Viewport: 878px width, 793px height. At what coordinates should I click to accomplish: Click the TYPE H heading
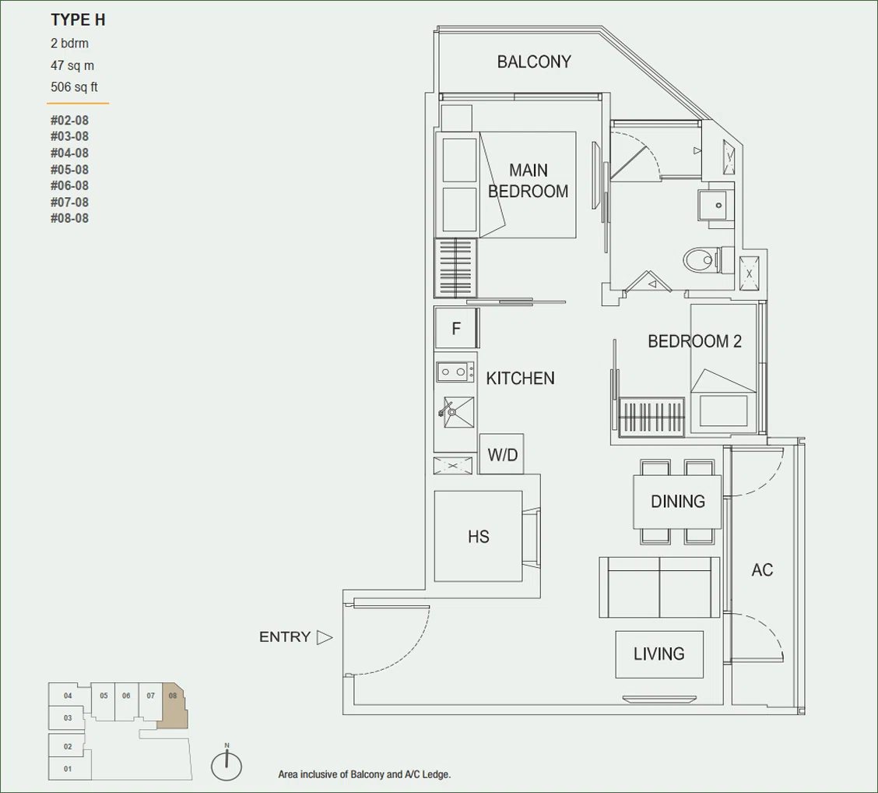(78, 20)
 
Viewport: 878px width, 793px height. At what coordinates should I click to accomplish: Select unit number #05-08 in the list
(69, 169)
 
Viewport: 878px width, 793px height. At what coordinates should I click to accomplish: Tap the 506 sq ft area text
(74, 87)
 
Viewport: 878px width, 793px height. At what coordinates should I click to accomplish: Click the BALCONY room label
(534, 62)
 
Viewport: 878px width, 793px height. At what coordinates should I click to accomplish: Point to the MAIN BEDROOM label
(528, 181)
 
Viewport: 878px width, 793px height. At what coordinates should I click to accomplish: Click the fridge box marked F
(456, 328)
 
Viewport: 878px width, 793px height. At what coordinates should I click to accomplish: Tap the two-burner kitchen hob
(454, 372)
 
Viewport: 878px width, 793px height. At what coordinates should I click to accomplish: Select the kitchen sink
(458, 412)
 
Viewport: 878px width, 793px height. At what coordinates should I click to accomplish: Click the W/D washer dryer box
(502, 454)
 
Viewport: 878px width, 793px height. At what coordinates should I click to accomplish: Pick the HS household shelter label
(479, 537)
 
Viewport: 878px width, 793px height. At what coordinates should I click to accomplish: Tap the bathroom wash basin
(713, 205)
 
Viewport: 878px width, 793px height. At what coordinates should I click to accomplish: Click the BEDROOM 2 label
(694, 341)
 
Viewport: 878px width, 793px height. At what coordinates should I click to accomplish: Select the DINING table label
(677, 501)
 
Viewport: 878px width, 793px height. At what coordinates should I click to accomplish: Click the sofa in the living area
(659, 587)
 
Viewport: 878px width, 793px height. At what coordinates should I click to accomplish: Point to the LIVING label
(659, 654)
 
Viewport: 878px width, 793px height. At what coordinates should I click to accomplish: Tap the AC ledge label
(762, 570)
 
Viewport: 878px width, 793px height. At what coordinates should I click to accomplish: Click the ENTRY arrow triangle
(325, 637)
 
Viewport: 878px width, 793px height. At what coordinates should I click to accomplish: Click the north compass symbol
(227, 764)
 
